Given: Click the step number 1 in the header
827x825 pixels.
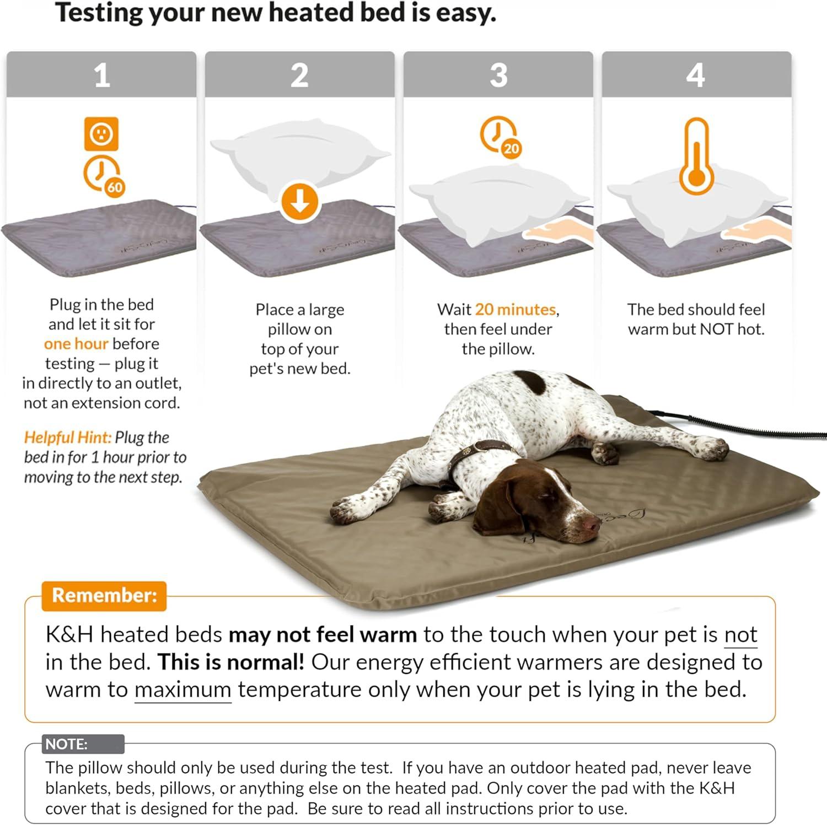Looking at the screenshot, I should (101, 75).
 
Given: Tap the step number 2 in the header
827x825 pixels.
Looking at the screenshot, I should (299, 75).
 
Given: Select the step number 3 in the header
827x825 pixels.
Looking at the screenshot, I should (498, 75).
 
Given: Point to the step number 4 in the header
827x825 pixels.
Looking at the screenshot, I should (696, 75).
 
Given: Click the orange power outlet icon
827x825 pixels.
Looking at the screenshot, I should (101, 133).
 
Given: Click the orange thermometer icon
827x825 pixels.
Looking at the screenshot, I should (697, 157).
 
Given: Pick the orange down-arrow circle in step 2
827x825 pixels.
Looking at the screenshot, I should (299, 202).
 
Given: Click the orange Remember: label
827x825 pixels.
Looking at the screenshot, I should (104, 596).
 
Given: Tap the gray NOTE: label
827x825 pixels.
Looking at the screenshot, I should (67, 744).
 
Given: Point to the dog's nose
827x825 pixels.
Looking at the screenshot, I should (593, 525).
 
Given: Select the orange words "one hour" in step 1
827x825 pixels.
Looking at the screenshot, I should (76, 344).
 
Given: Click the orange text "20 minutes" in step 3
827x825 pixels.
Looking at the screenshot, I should (515, 309).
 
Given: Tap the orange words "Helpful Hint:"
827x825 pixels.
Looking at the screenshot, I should (67, 438).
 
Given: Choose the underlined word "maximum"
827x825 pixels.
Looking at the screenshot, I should (182, 690).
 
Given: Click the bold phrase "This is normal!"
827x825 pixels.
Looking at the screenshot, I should (230, 662).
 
